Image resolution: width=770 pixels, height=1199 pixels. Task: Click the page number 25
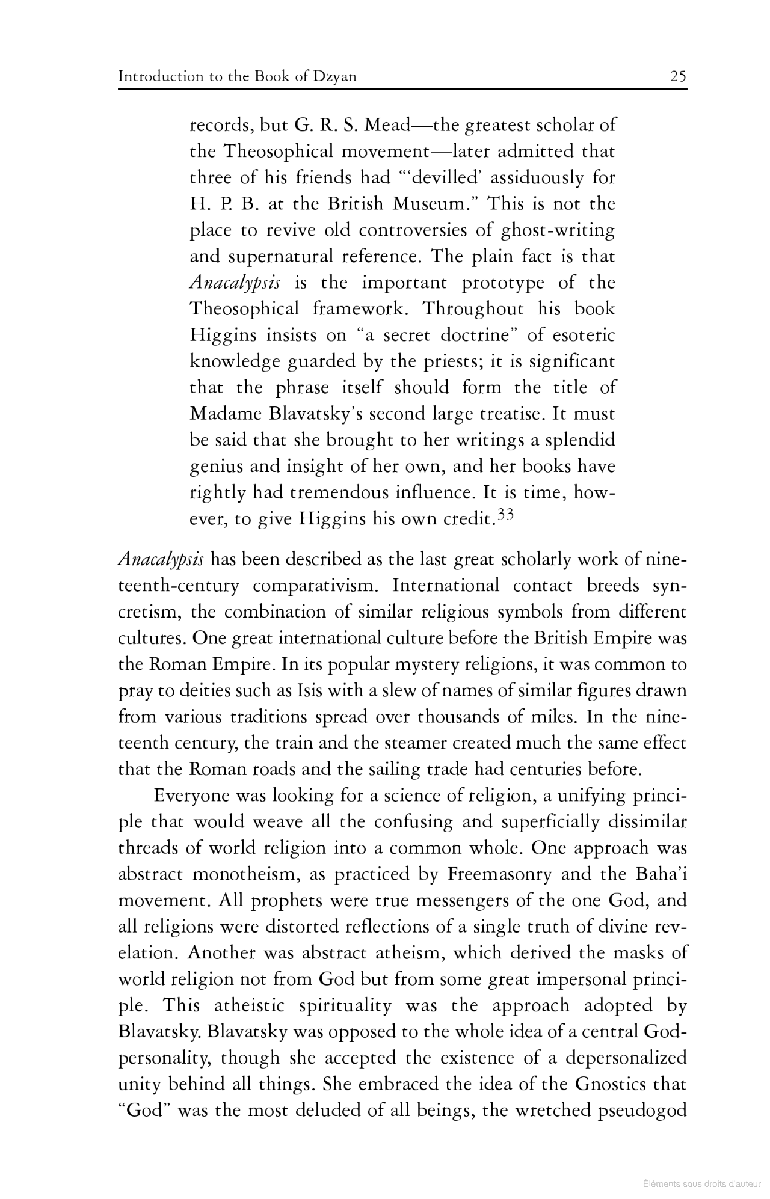click(x=678, y=76)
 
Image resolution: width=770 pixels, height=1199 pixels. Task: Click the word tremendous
click(x=340, y=493)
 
